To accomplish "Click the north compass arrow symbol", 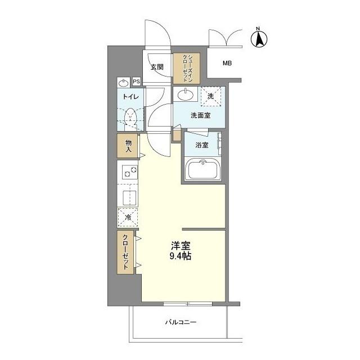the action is [259, 38].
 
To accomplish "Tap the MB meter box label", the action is [227, 63].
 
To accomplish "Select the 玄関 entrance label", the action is [157, 67].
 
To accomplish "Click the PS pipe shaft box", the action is [136, 82].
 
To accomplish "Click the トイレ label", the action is [130, 97].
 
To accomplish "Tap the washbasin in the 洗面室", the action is [185, 94].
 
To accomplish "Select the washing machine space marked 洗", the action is [211, 96].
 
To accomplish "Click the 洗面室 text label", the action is [200, 115].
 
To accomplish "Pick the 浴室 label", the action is [202, 145].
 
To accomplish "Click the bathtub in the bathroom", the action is [202, 169].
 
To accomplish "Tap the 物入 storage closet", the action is [128, 146].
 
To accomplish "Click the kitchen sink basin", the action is [130, 198].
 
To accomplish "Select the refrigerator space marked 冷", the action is [128, 217].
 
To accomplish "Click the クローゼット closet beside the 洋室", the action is [125, 253].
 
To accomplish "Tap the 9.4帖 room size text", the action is [181, 256].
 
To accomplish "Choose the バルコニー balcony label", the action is [181, 322].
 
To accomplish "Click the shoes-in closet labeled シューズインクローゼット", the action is [186, 69].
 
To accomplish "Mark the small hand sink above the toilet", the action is [123, 83].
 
